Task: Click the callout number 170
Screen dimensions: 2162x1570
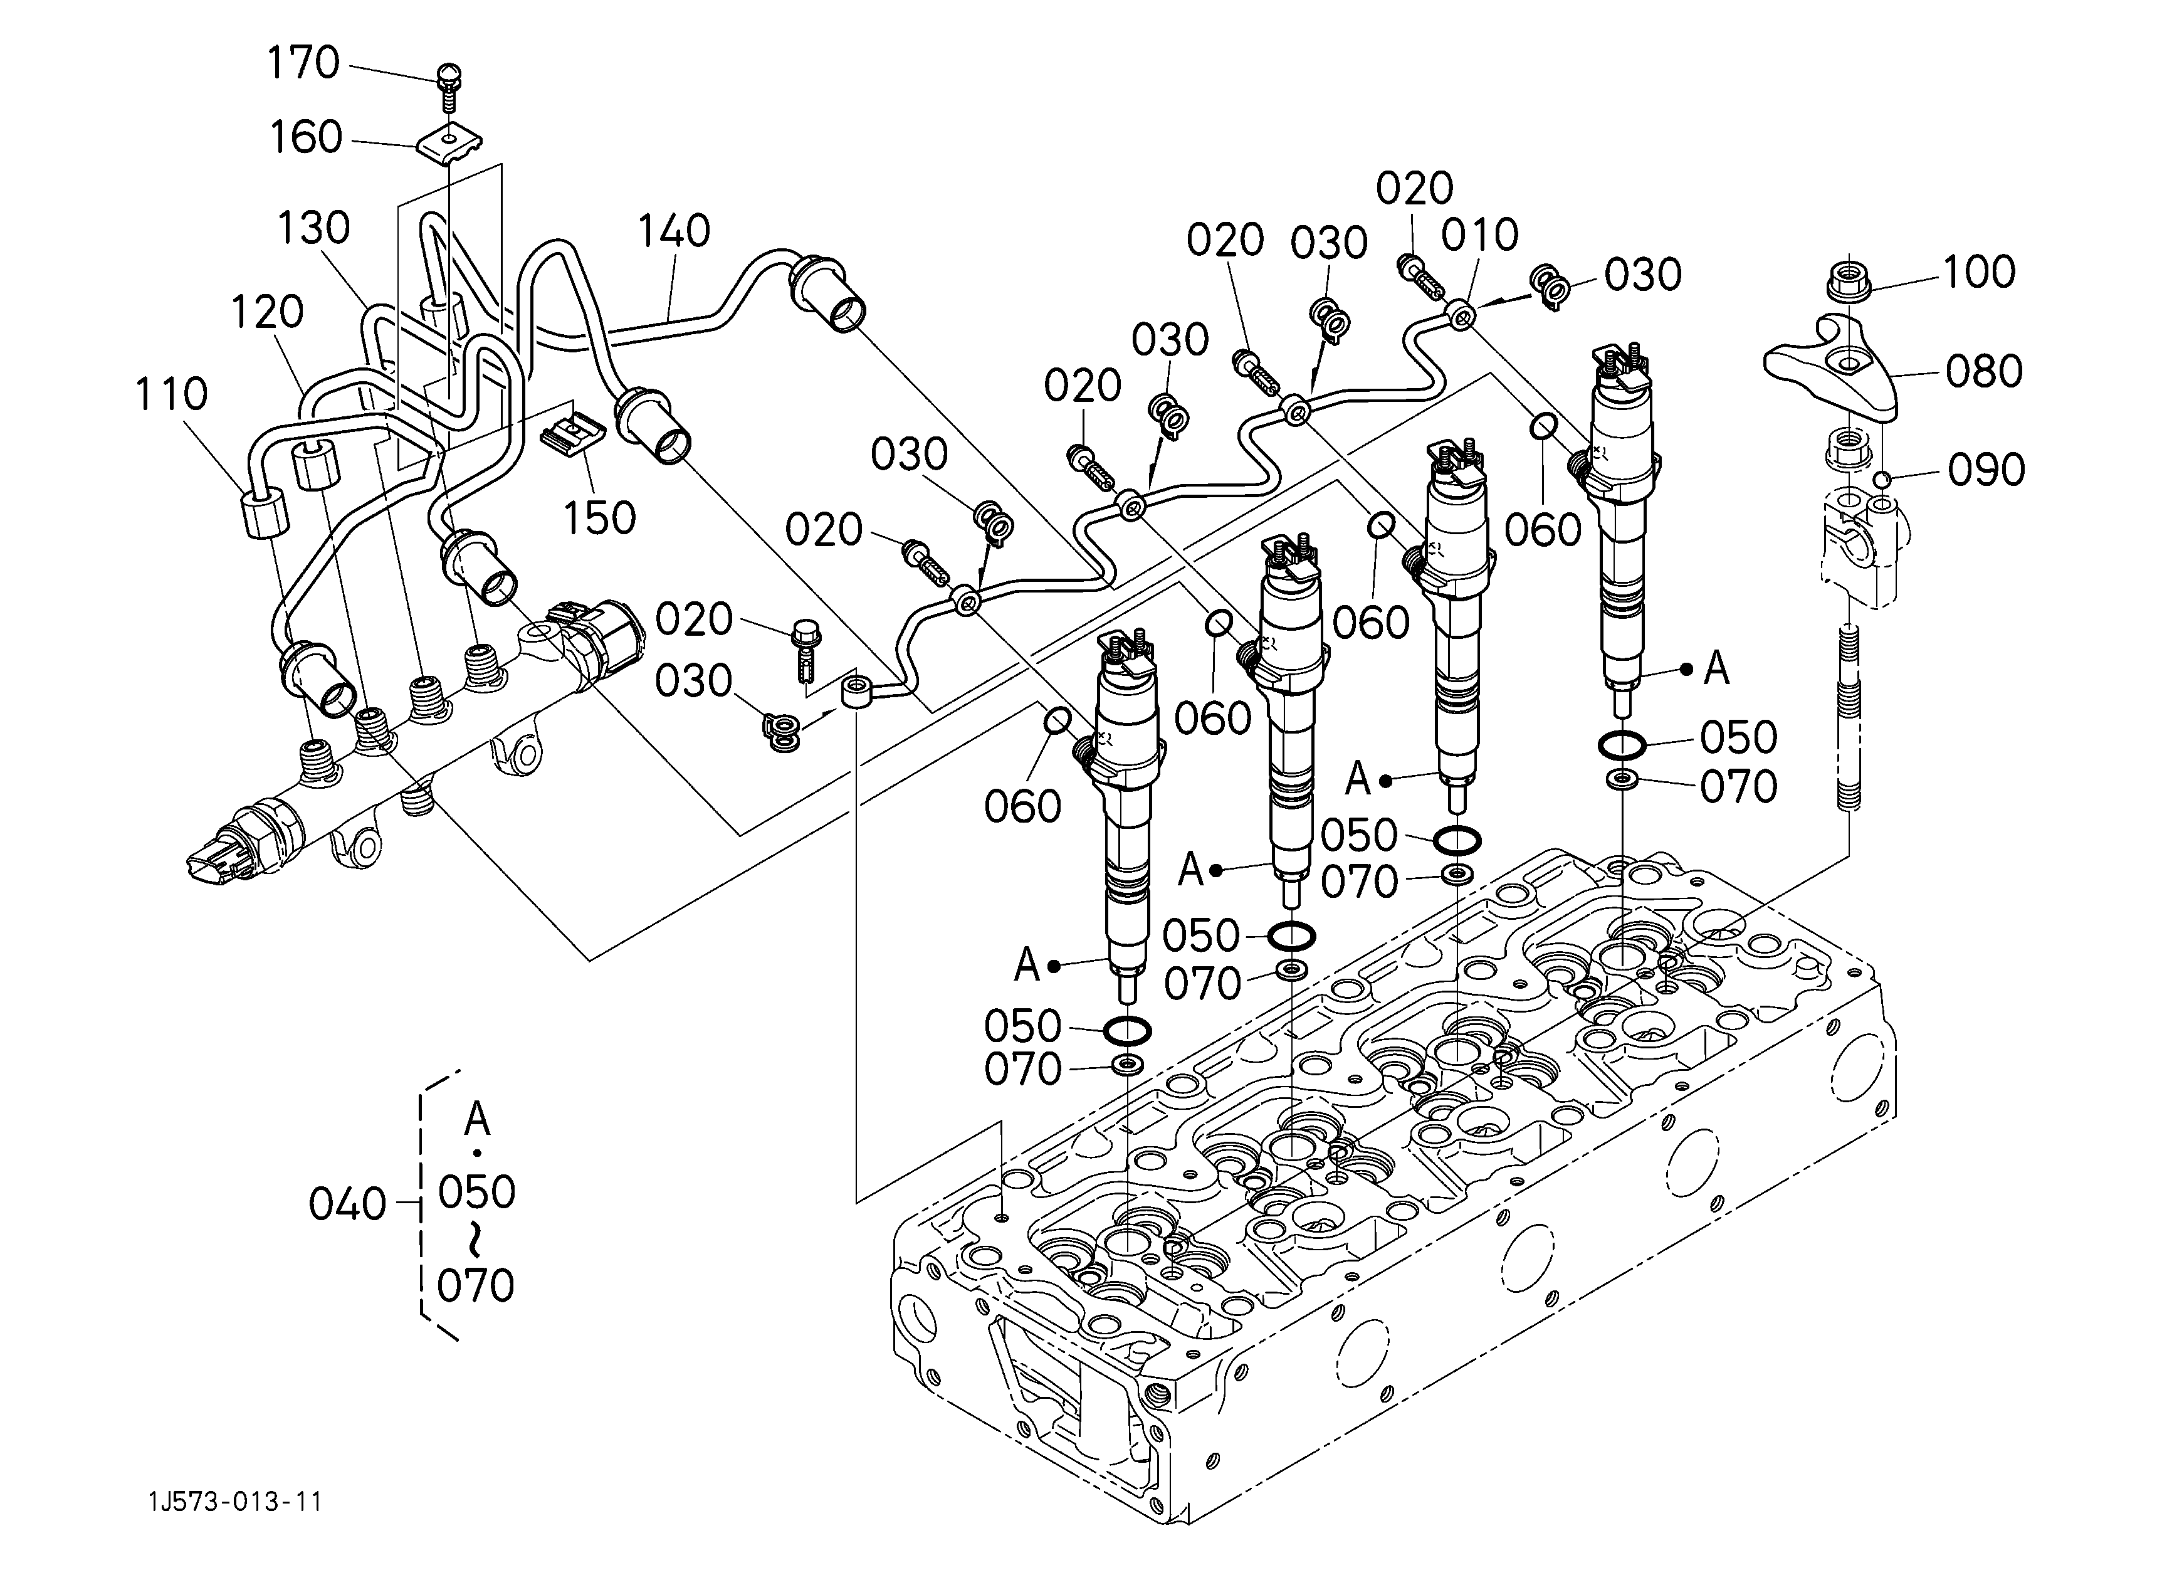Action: point(303,64)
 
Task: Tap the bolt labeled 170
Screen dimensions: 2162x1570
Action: point(448,88)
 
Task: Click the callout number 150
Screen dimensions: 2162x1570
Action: point(599,519)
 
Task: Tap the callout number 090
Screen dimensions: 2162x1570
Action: point(1986,470)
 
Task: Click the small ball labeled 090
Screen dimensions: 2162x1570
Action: point(1880,478)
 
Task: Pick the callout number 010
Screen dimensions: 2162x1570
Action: point(1479,234)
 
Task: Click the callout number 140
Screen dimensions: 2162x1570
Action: point(673,231)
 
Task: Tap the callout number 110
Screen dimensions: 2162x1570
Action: point(171,394)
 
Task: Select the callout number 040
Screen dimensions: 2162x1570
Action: point(347,1205)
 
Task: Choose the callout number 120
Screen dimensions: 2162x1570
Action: point(267,312)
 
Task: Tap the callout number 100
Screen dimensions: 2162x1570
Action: point(1979,273)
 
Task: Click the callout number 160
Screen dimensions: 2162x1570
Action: point(305,138)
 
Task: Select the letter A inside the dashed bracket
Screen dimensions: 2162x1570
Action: point(476,1119)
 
